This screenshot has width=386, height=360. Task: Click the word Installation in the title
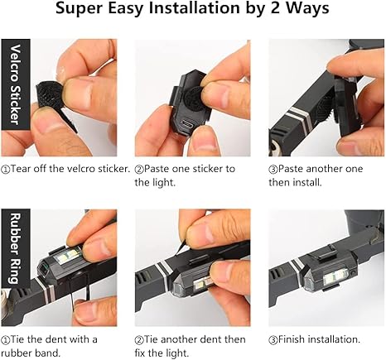[194, 8]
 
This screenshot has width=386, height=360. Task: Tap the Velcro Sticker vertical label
[16, 84]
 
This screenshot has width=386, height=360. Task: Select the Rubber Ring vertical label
[16, 248]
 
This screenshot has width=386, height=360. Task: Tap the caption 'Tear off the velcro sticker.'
[65, 169]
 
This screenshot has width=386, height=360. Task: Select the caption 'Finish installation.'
[315, 339]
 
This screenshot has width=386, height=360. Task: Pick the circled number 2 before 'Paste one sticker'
[139, 170]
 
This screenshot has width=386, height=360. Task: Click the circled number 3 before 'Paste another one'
[273, 170]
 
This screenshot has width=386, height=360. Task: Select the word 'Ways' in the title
[307, 8]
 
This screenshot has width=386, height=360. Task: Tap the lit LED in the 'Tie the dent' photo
[67, 256]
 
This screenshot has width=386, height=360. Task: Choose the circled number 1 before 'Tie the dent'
[5, 340]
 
